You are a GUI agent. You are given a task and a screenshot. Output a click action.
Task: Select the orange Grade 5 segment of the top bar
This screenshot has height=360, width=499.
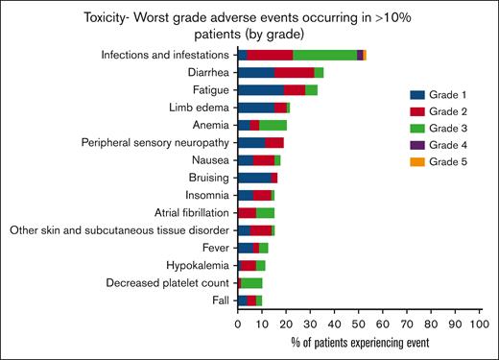click(x=365, y=56)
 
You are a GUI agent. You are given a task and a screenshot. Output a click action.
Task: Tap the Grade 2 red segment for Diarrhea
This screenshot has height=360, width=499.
click(x=295, y=72)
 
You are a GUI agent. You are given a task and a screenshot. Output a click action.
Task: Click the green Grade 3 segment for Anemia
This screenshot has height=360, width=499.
click(x=273, y=125)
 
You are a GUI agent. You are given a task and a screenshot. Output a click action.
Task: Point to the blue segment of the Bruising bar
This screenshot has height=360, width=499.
click(x=254, y=178)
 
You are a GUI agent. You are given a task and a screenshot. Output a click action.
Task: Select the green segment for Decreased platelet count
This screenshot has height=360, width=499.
click(x=252, y=283)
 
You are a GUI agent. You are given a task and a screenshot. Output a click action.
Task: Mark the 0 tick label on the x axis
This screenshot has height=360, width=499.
click(x=238, y=324)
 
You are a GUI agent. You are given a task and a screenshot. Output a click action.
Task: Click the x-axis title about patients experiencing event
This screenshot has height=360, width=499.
click(x=359, y=341)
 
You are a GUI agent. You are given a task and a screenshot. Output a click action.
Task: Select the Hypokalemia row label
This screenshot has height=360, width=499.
click(x=196, y=265)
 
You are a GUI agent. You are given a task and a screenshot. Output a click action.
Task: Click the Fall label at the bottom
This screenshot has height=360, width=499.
click(x=220, y=300)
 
